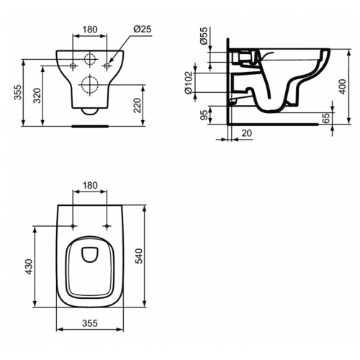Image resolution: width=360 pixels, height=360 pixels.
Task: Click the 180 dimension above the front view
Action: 90,30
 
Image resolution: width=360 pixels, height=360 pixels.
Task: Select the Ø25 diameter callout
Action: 141,30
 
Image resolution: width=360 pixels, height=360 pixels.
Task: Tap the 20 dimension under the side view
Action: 247,134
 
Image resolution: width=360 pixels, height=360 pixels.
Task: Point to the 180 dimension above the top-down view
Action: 90,186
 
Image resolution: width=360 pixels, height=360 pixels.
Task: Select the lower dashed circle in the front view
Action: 90,85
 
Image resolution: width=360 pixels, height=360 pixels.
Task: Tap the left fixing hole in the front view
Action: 73,66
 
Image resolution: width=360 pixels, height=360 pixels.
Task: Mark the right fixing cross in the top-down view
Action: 107,225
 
